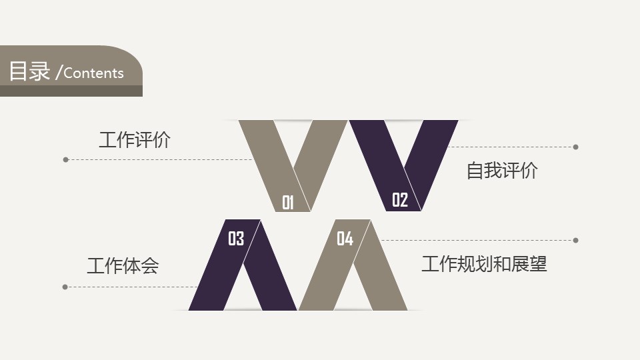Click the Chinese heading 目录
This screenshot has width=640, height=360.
pyautogui.click(x=29, y=71)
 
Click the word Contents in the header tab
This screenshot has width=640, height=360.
pyautogui.click(x=93, y=73)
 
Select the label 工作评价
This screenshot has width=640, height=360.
pyautogui.click(x=135, y=139)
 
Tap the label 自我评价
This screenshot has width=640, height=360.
pyautogui.click(x=502, y=170)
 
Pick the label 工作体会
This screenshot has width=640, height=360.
pyautogui.click(x=123, y=266)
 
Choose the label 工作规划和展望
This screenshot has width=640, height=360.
pyautogui.click(x=484, y=264)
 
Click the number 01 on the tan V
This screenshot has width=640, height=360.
pyautogui.click(x=288, y=203)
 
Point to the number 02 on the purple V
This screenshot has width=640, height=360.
pyautogui.click(x=400, y=200)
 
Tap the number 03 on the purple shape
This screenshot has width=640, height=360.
pyautogui.click(x=236, y=239)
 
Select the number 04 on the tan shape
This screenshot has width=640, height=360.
pyautogui.click(x=345, y=239)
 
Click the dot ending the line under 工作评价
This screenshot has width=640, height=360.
pyautogui.click(x=66, y=159)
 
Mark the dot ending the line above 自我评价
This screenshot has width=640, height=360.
pyautogui.click(x=575, y=147)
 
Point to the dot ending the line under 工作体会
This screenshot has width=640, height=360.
pyautogui.click(x=65, y=287)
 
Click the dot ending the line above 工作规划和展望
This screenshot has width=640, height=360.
pyautogui.click(x=575, y=241)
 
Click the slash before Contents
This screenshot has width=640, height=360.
pyautogui.click(x=59, y=73)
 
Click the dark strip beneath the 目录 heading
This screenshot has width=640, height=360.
pyautogui.click(x=71, y=91)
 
